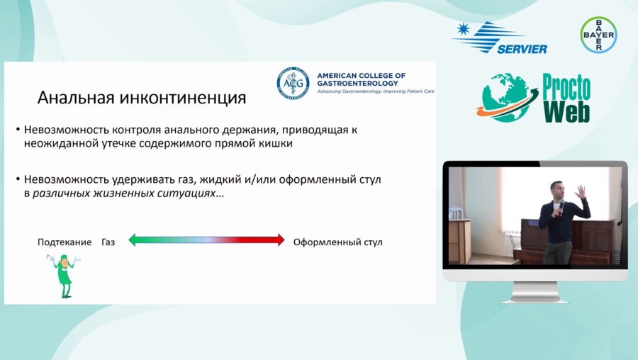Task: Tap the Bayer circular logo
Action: point(598,34)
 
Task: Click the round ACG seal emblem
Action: point(293,83)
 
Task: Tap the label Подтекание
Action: point(65,242)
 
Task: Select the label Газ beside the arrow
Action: point(108,242)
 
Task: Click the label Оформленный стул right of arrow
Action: point(337,242)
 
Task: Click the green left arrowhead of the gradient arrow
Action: point(134,240)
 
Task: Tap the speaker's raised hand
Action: point(580,191)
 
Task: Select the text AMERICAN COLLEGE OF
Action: point(362,75)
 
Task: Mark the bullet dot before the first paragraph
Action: point(18,130)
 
